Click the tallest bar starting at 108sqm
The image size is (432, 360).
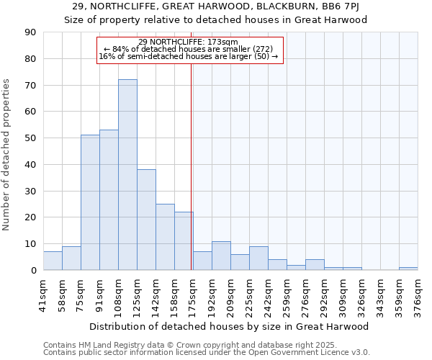(x=127, y=175)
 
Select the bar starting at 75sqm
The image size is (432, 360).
(x=90, y=202)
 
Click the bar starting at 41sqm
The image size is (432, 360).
(x=53, y=261)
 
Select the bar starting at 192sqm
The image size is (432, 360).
(x=221, y=256)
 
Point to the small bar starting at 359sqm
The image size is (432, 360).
(x=408, y=269)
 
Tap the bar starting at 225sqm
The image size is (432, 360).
(x=258, y=258)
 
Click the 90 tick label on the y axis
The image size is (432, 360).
(x=30, y=32)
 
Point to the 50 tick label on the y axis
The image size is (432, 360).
(x=30, y=138)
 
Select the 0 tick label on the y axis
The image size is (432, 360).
(x=33, y=270)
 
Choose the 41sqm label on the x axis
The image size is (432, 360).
(x=43, y=295)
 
